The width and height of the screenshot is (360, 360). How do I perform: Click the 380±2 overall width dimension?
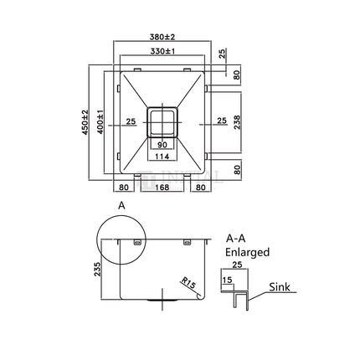click(163, 38)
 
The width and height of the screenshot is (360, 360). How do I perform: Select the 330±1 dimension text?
click(163, 52)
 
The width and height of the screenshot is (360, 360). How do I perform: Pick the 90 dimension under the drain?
click(163, 144)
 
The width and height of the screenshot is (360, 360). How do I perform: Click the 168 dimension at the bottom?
click(163, 188)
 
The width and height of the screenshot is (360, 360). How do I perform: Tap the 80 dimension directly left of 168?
click(124, 188)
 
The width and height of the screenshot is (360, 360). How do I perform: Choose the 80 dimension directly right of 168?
click(202, 188)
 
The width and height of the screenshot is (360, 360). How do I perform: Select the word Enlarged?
click(247, 250)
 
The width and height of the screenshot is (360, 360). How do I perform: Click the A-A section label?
click(236, 238)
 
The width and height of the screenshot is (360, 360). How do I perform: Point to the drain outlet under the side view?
click(161, 299)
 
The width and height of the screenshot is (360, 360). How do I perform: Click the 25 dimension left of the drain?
click(131, 121)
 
